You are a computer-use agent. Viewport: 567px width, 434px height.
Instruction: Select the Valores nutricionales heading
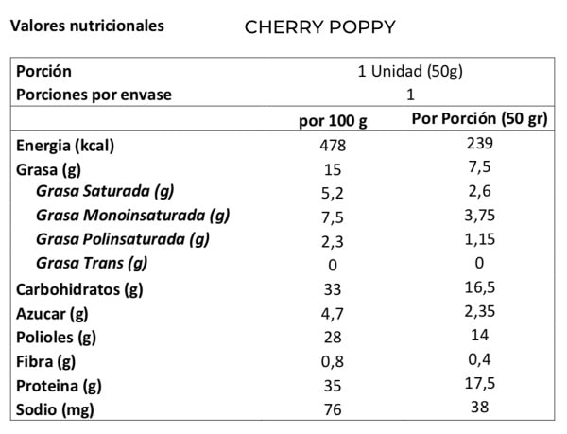pos(86,26)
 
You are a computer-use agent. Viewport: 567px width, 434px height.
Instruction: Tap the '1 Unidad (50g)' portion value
pos(410,72)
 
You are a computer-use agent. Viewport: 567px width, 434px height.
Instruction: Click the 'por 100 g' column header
pos(333,121)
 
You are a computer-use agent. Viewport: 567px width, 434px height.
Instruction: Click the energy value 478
pos(333,146)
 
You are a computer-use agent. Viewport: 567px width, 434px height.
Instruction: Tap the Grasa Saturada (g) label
pos(105,193)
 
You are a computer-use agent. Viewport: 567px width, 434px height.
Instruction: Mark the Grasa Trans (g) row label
pos(92,263)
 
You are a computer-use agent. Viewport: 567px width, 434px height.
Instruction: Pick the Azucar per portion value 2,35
pos(478,312)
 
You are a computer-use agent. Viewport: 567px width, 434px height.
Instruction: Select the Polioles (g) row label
pos(57,338)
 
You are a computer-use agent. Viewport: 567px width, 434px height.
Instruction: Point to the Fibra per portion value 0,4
pos(478,360)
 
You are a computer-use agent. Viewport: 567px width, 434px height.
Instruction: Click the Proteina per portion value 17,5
pos(478,385)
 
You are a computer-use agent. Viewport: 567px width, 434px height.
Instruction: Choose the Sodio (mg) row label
pos(55,410)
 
